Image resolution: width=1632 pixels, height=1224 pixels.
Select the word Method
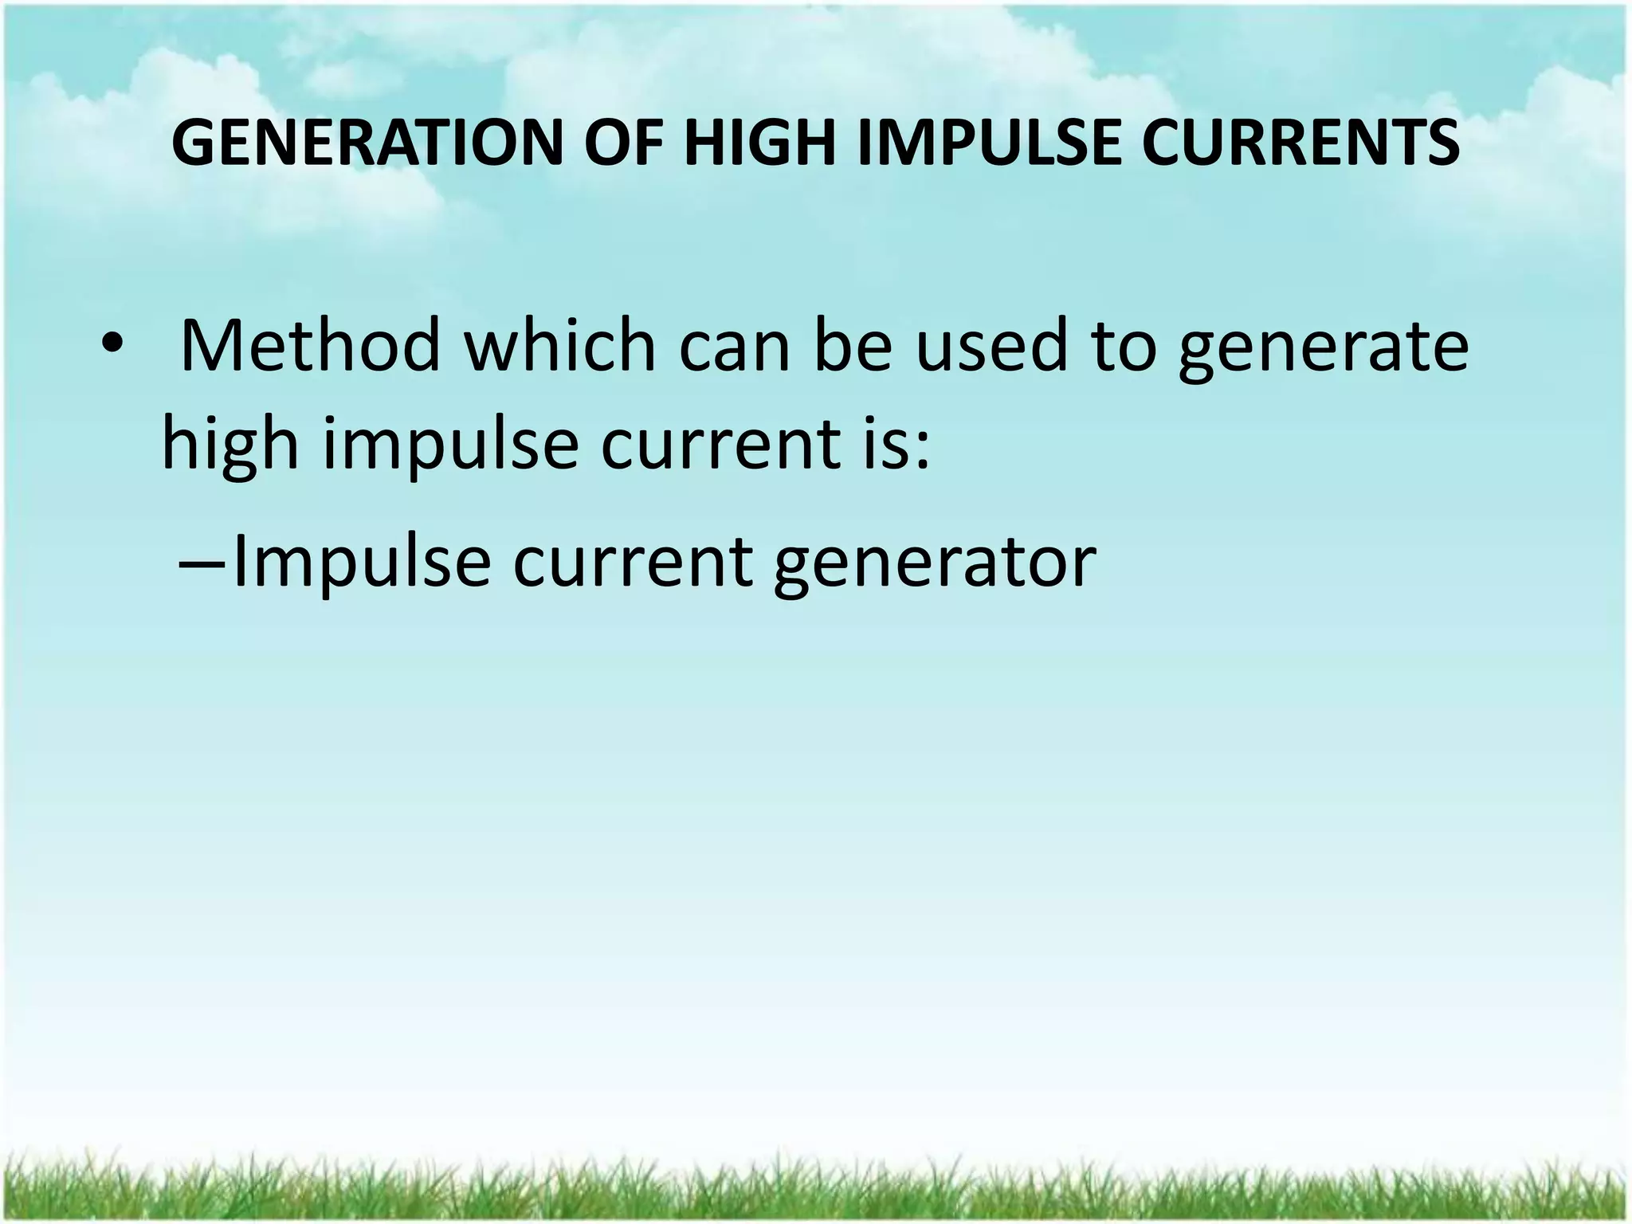pyautogui.click(x=310, y=347)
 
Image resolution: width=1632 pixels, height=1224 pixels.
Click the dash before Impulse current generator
pyautogui.click(x=201, y=562)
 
